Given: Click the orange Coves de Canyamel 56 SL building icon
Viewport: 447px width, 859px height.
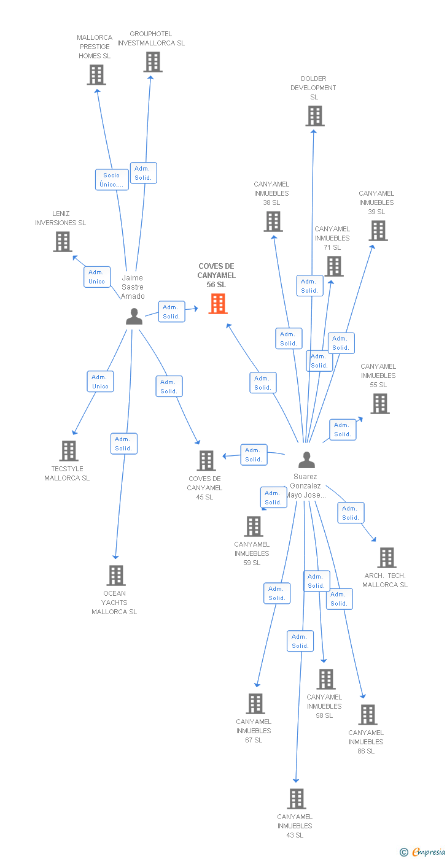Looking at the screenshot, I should [x=218, y=303].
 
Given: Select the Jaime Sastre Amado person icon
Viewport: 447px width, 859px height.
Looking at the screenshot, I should [x=134, y=317].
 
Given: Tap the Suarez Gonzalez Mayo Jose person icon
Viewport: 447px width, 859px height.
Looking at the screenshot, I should [x=306, y=460].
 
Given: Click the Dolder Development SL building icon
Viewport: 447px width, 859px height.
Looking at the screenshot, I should [x=314, y=116].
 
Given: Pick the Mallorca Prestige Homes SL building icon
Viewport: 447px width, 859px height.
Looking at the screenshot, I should [x=96, y=75].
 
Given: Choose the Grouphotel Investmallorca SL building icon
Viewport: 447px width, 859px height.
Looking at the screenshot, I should [x=152, y=62].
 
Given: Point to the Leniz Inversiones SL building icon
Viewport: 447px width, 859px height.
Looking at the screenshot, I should [x=63, y=242].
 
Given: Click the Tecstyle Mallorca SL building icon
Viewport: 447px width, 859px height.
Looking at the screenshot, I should [x=69, y=451].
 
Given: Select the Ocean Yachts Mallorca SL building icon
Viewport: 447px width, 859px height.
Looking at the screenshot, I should [x=116, y=576].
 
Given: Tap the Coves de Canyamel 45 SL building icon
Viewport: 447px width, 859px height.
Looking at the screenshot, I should [x=206, y=461].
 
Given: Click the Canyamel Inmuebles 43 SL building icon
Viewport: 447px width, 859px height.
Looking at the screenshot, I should [x=297, y=799].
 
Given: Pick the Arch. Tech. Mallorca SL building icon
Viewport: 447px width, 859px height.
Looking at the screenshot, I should [x=386, y=558].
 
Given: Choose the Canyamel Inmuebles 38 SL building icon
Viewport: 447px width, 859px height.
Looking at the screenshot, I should [x=273, y=221].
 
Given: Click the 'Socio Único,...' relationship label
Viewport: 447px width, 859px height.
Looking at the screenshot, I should [x=112, y=180].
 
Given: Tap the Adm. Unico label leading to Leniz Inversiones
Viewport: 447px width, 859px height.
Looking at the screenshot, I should [x=97, y=277].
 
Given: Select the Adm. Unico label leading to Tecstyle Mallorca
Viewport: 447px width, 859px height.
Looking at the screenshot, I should [x=100, y=382].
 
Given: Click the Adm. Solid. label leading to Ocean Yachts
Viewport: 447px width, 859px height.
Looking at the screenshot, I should [x=123, y=444].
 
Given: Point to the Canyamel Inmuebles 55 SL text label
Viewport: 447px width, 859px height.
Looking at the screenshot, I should [x=378, y=376].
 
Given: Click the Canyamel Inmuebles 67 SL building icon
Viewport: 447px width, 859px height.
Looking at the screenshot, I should [x=255, y=704].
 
